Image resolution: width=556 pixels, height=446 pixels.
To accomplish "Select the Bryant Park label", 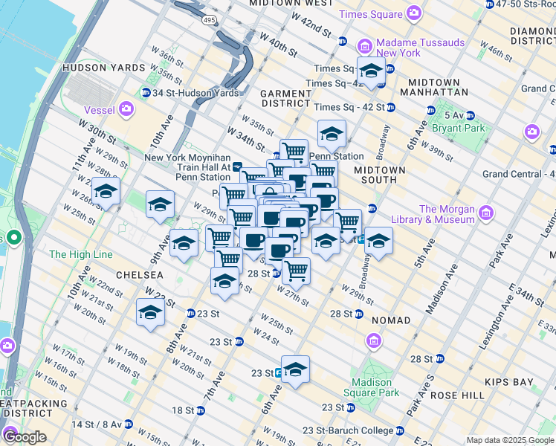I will pos(464,128).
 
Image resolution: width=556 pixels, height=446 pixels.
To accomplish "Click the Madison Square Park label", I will pos(372,387).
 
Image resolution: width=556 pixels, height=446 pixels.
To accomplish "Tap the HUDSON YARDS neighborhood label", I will pos(103,68).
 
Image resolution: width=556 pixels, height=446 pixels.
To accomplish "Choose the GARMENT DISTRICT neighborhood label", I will pos(286,99).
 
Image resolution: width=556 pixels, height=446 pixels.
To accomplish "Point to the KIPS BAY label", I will pos(528,382).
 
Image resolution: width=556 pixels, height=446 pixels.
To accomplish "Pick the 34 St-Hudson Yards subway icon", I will pos(145,93).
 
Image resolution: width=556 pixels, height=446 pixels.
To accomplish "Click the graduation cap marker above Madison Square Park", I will pos(295,369).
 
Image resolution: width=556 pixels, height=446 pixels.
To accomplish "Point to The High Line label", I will pos(80,255).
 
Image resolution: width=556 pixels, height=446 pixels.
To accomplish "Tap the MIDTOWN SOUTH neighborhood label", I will pos(379,175).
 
